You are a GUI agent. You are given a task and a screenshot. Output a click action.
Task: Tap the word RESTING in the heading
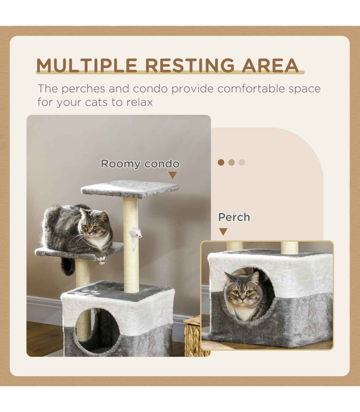(x=190, y=65)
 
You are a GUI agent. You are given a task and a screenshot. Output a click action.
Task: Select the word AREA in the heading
(x=270, y=65)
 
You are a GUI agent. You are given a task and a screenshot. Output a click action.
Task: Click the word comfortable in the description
(x=251, y=89)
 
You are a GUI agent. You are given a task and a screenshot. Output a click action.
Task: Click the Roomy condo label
(x=140, y=164)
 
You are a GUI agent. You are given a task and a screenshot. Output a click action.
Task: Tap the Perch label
(x=234, y=217)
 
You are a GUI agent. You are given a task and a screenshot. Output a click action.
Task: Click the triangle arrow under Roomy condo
(x=172, y=175)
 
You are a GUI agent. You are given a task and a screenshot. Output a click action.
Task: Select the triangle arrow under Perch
(x=223, y=232)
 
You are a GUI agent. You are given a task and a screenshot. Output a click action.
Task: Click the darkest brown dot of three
(x=221, y=162)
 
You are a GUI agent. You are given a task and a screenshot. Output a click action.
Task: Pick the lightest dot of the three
(x=242, y=162)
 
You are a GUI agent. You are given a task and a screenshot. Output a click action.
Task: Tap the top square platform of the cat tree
(x=130, y=189)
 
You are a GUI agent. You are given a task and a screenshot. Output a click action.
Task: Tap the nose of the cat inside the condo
(x=242, y=299)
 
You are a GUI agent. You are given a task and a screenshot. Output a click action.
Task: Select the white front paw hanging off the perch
(x=102, y=260)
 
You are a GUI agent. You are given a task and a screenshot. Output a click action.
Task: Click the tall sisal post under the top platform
(x=131, y=245)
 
